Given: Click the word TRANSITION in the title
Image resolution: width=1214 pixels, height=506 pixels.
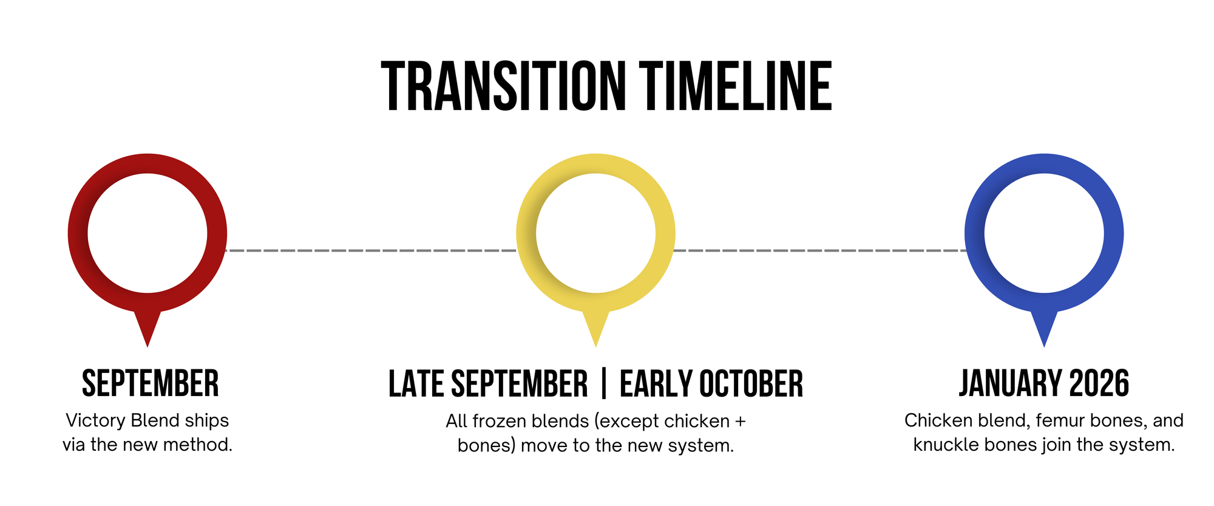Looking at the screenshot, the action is (504, 86).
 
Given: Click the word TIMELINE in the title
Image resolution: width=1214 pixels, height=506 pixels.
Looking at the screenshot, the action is (736, 86).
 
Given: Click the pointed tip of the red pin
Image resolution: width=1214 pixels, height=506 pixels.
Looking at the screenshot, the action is (148, 347).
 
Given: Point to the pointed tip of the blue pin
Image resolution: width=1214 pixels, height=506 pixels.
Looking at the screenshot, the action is (1044, 347).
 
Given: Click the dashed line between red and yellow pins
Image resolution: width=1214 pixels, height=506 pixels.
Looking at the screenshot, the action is (371, 250).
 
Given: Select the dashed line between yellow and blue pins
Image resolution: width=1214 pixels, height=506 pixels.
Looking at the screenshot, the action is (820, 250).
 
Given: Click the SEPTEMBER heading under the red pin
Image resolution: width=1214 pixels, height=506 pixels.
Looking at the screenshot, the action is (151, 384).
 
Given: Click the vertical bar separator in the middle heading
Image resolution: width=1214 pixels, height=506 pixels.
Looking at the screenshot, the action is (603, 384).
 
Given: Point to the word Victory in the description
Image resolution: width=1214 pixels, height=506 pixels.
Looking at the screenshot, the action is (96, 421).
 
